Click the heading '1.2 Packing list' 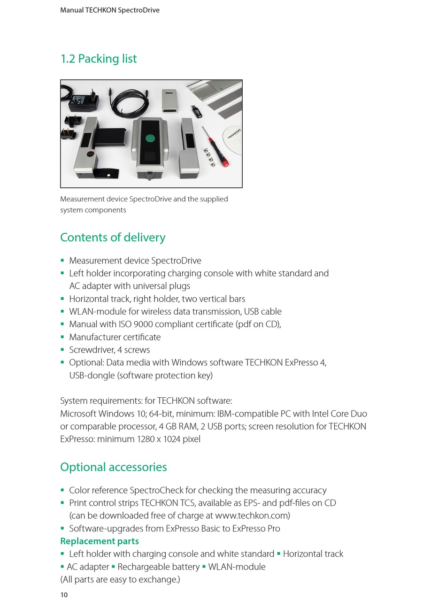point(99,59)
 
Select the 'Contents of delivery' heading point(113,238)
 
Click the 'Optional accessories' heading point(114,467)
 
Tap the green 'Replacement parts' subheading point(100,541)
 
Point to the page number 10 point(64,595)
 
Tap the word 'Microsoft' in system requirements point(78,414)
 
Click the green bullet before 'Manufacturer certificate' point(62,337)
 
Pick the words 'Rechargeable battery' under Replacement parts point(159,567)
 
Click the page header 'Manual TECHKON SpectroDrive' point(110,10)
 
